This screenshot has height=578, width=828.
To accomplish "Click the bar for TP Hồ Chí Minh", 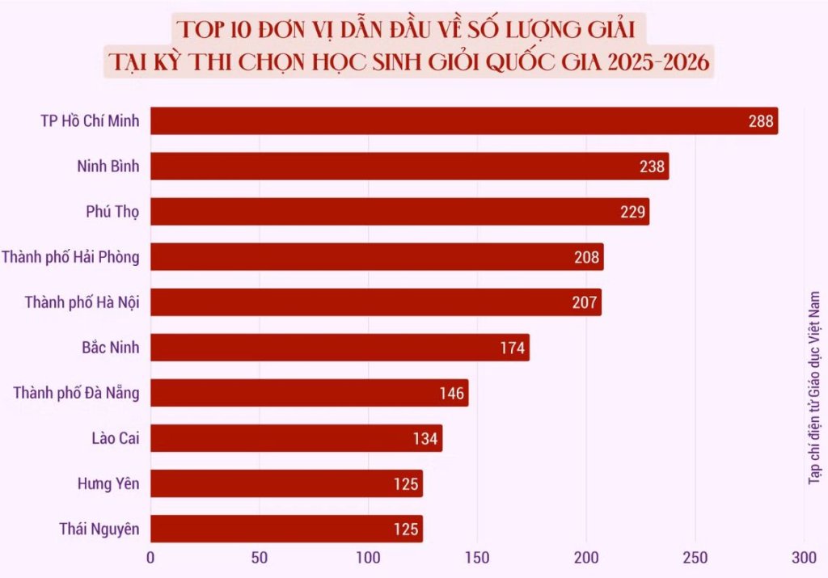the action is pos(464,121).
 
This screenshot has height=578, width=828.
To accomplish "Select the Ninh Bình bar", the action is pos(410,167).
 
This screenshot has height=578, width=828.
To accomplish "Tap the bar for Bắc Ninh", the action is pos(340,348).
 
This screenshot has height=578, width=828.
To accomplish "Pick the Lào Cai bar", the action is pos(296,438).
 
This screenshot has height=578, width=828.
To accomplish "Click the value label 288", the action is pos(760,121).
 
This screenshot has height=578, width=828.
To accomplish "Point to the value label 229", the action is pos(632,212).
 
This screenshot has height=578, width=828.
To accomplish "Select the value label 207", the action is pos(585,302).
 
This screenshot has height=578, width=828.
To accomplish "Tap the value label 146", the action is pos(451,393).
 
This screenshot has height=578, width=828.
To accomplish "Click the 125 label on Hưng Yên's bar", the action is pos(406,484).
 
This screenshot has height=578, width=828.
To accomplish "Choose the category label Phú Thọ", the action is pos(112,212).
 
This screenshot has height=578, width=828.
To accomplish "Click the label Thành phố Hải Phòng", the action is pos(70,257).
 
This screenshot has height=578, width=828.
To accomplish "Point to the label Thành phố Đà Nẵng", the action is pos(77,393).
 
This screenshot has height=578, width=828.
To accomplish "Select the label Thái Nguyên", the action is pos(99,529).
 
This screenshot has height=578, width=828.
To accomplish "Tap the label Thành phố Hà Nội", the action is pos(82,302).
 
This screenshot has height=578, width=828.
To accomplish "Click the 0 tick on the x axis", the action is pos(150,559).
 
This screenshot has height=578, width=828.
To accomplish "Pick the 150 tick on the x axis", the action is pos(477,559).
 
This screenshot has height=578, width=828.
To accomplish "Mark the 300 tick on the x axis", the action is pos(804,559).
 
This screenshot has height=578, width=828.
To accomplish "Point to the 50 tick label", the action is pos(260,559).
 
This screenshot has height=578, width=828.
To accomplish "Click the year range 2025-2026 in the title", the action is pos(658,62).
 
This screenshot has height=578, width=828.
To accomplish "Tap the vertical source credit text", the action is pos(814,388).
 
